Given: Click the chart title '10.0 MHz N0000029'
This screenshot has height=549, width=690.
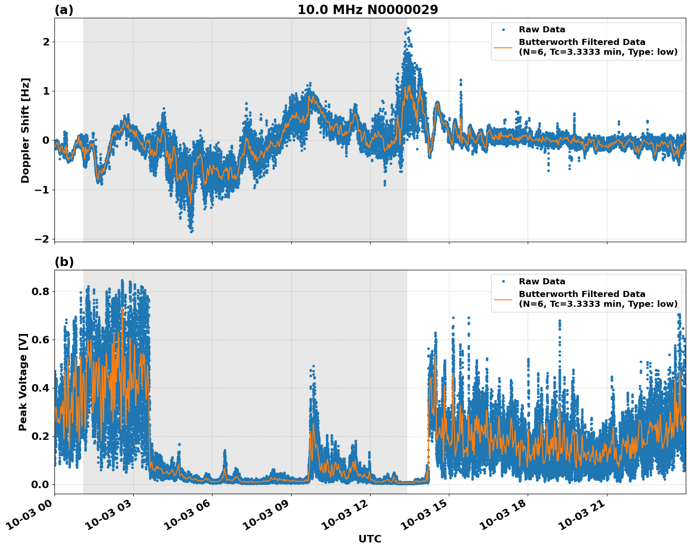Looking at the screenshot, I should tap(367, 10).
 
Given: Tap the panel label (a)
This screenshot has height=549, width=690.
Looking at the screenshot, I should tap(64, 10).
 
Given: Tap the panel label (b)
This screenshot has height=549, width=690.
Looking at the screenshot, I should tap(64, 262).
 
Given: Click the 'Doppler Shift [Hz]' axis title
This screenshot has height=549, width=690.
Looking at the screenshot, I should tap(25, 130).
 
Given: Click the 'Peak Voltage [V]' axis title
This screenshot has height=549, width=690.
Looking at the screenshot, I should tap(23, 382).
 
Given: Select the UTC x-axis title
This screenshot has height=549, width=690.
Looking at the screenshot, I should tap(370, 539).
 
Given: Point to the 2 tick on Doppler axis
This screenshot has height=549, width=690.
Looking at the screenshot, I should tap(46, 42).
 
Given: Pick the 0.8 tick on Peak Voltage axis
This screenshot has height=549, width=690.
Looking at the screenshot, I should tap(40, 292).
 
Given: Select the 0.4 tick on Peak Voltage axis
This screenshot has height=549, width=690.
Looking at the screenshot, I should tap(40, 388).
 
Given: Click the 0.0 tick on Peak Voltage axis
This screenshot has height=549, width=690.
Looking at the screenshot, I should tap(40, 485).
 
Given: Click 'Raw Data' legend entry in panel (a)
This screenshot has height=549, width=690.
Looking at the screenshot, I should tap(542, 30).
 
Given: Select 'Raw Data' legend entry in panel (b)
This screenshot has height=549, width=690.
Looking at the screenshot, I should tap(542, 282).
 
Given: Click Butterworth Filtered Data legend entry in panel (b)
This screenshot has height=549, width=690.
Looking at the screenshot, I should tap(598, 299).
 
